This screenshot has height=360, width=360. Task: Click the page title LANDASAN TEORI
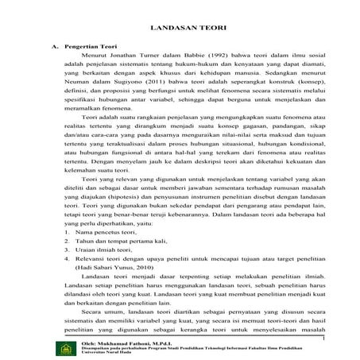coord(192,28)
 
